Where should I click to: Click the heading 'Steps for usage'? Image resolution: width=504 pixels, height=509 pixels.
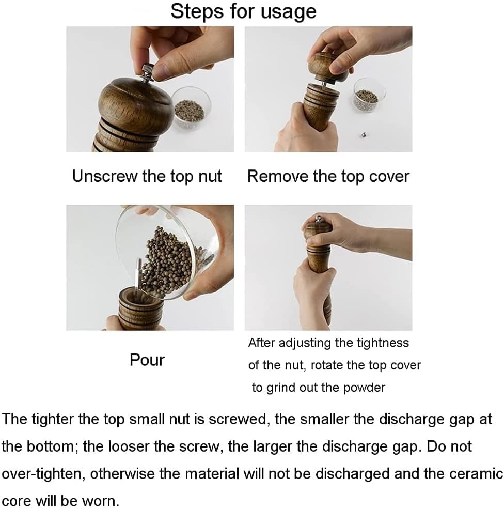[x=243, y=12]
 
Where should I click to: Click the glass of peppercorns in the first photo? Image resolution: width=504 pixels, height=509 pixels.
[x=191, y=108]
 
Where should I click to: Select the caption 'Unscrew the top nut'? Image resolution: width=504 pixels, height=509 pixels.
[x=147, y=176]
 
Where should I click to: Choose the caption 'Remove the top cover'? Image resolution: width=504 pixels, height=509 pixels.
[x=328, y=176]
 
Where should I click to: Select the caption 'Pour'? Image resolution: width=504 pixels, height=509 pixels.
[x=147, y=360]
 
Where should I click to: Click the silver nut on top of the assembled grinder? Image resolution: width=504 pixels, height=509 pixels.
[x=319, y=219]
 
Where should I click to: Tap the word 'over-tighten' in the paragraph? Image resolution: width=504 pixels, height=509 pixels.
[x=43, y=474]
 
